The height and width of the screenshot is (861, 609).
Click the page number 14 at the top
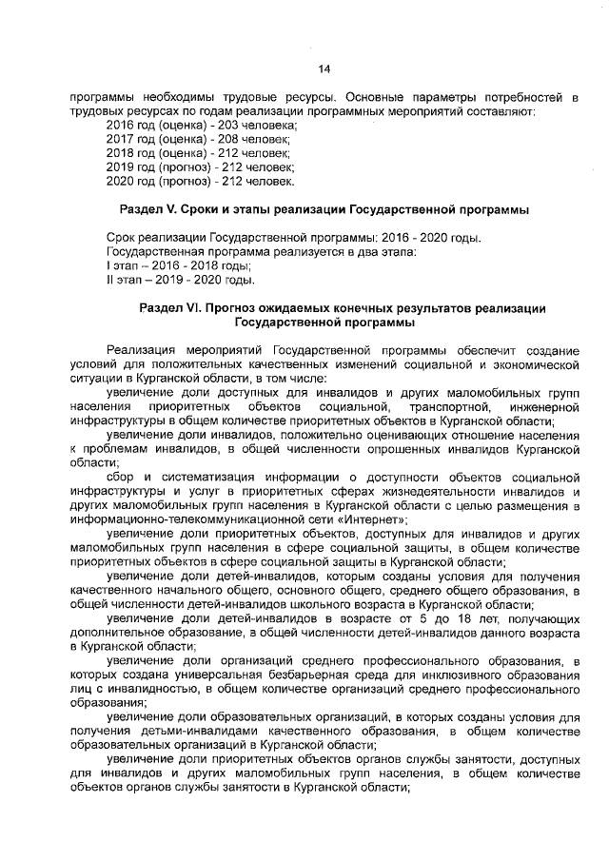pos(323,68)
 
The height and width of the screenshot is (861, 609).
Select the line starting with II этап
pos(180,280)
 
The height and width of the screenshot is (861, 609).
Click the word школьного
pos(335,604)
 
